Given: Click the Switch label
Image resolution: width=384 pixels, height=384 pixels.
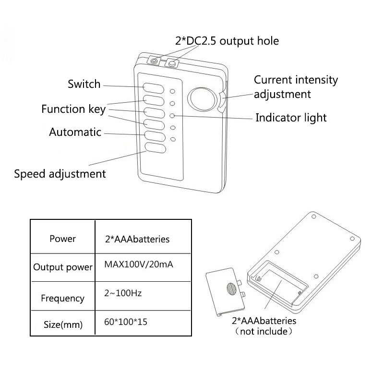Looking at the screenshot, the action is pos(84,84).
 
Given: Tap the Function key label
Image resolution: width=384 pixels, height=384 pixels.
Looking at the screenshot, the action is pos(73,109).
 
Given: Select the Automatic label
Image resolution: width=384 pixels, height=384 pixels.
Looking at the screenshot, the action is pos(75,132).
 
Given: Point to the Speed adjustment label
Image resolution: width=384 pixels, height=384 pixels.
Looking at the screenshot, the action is pos(60,174).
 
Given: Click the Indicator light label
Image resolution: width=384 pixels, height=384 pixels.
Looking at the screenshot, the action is pos(291,118).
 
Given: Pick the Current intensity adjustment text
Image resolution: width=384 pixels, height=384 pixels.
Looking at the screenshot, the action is pos(296,87).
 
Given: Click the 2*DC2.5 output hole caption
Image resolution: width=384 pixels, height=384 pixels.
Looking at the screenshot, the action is pos(227,41).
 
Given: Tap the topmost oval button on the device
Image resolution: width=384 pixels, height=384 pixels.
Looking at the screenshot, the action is pos(154,88).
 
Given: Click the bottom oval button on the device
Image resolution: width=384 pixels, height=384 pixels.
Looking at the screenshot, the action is pos(156,148).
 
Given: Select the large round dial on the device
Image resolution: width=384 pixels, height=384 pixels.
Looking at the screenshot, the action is pos(202,99).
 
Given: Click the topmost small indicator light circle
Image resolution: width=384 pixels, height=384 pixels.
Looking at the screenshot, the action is pos(172,91).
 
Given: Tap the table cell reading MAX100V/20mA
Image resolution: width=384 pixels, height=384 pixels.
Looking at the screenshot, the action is pos(139,264).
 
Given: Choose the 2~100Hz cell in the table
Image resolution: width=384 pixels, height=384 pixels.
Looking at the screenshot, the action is pos(123,293).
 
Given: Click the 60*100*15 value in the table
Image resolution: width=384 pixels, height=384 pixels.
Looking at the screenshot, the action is pos(126,322).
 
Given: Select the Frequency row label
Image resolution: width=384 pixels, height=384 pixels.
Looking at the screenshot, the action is pos(63,299).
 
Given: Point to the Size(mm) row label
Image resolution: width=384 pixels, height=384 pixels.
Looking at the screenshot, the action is pos(63,325).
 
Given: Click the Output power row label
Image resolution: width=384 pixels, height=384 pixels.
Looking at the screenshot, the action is pos(63,267).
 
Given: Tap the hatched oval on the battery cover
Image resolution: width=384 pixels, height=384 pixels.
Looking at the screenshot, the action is pos(231,289).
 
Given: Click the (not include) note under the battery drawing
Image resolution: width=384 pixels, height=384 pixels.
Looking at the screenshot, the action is pos(264,331).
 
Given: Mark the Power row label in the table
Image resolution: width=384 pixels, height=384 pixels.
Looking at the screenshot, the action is pos(63,239).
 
